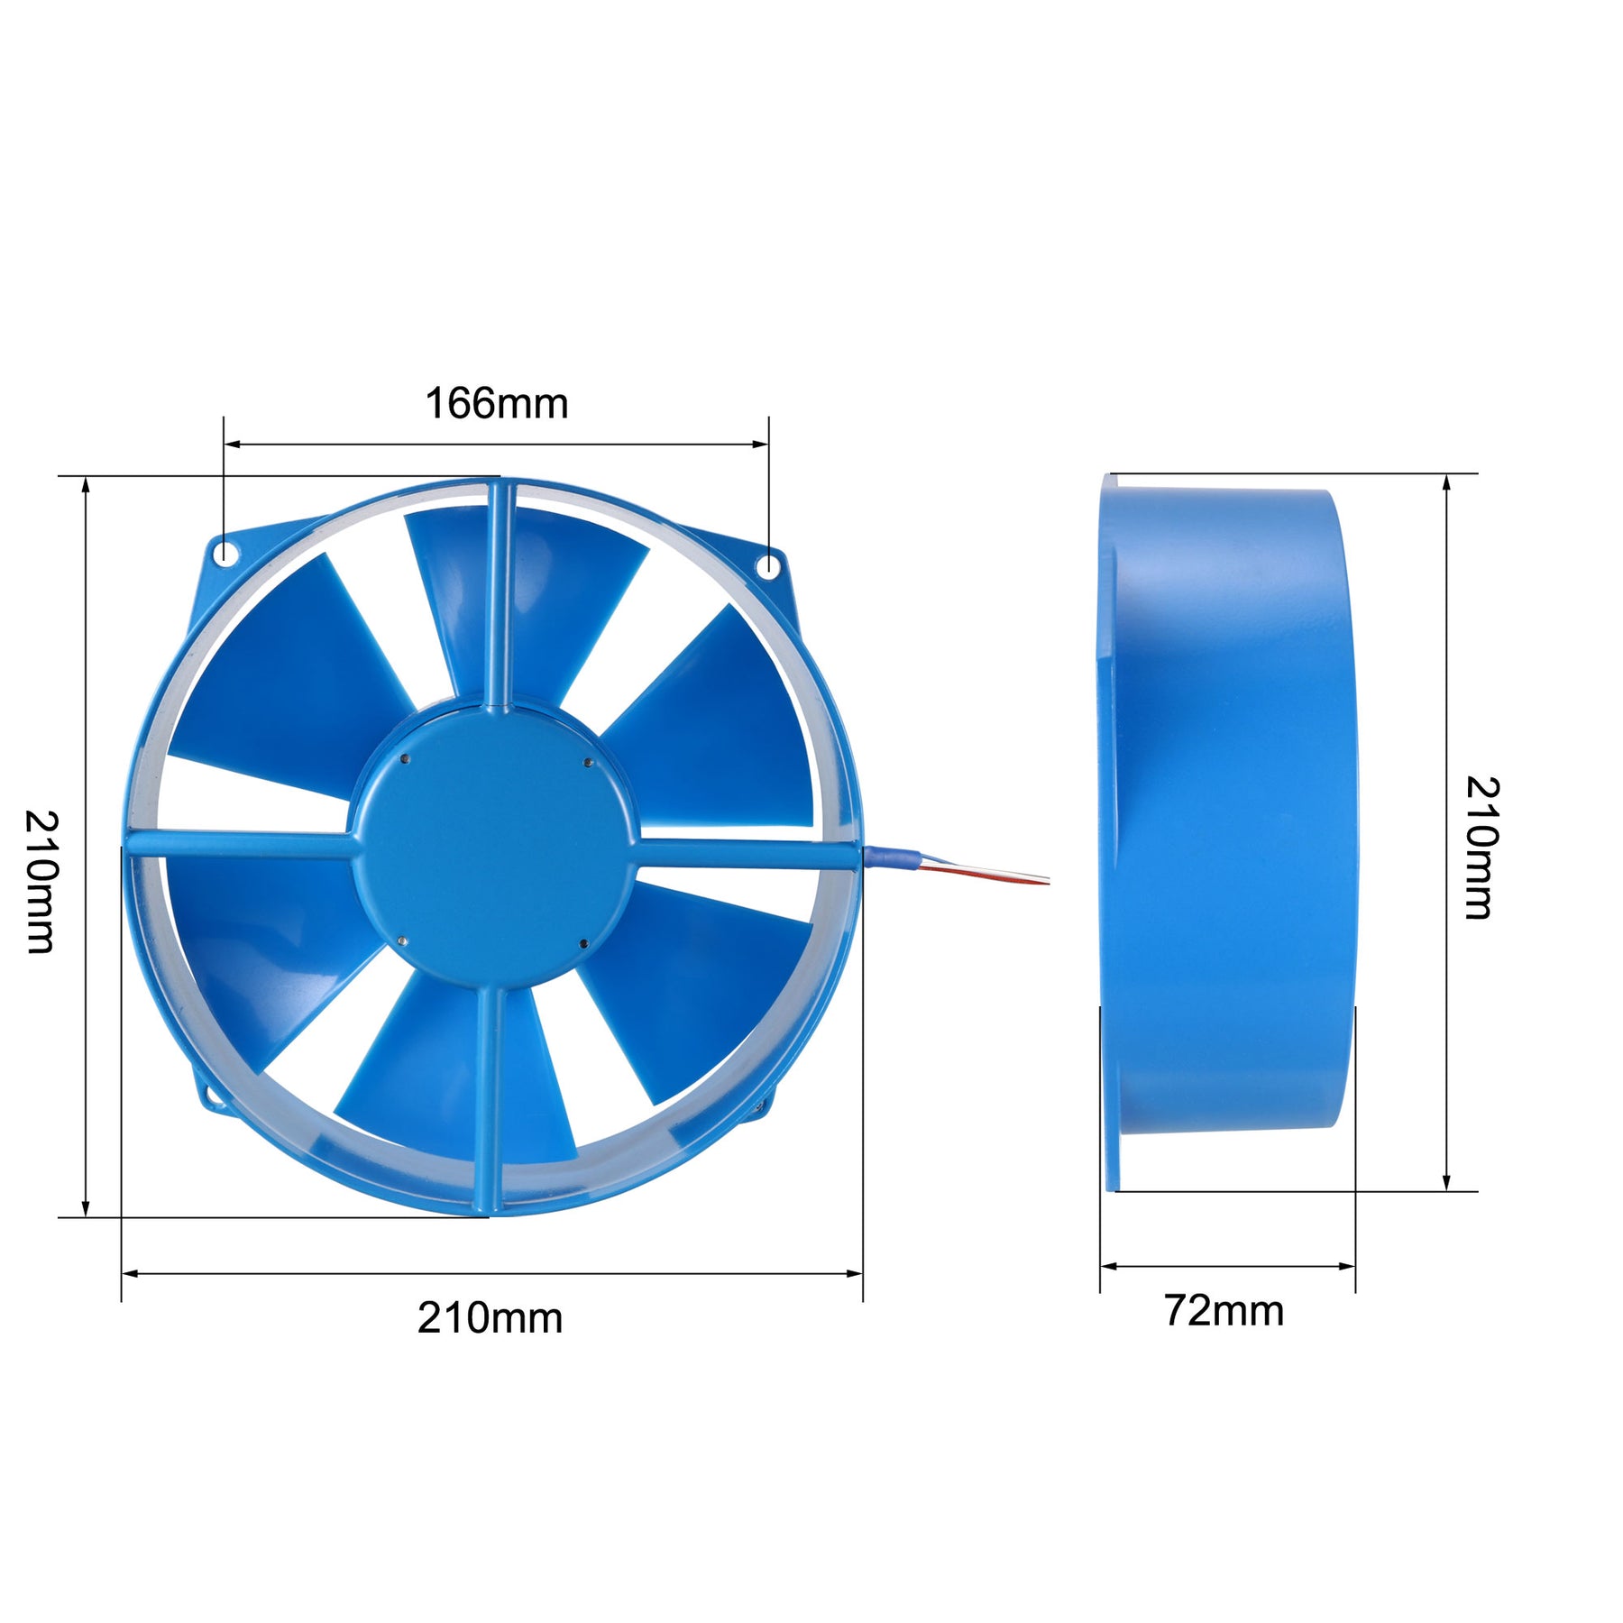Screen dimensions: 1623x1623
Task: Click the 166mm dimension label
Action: coord(497,403)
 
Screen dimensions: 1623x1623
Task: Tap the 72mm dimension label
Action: coord(1224,1310)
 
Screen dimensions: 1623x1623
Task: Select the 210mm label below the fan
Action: coord(490,1318)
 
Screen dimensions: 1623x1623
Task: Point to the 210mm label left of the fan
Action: coord(41,881)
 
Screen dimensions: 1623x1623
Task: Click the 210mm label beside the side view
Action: coord(1481,848)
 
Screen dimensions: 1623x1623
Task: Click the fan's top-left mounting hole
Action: coord(223,552)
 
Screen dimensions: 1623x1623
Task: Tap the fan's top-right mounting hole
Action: coord(767,566)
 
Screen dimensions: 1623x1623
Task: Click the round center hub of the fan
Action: coord(493,847)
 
